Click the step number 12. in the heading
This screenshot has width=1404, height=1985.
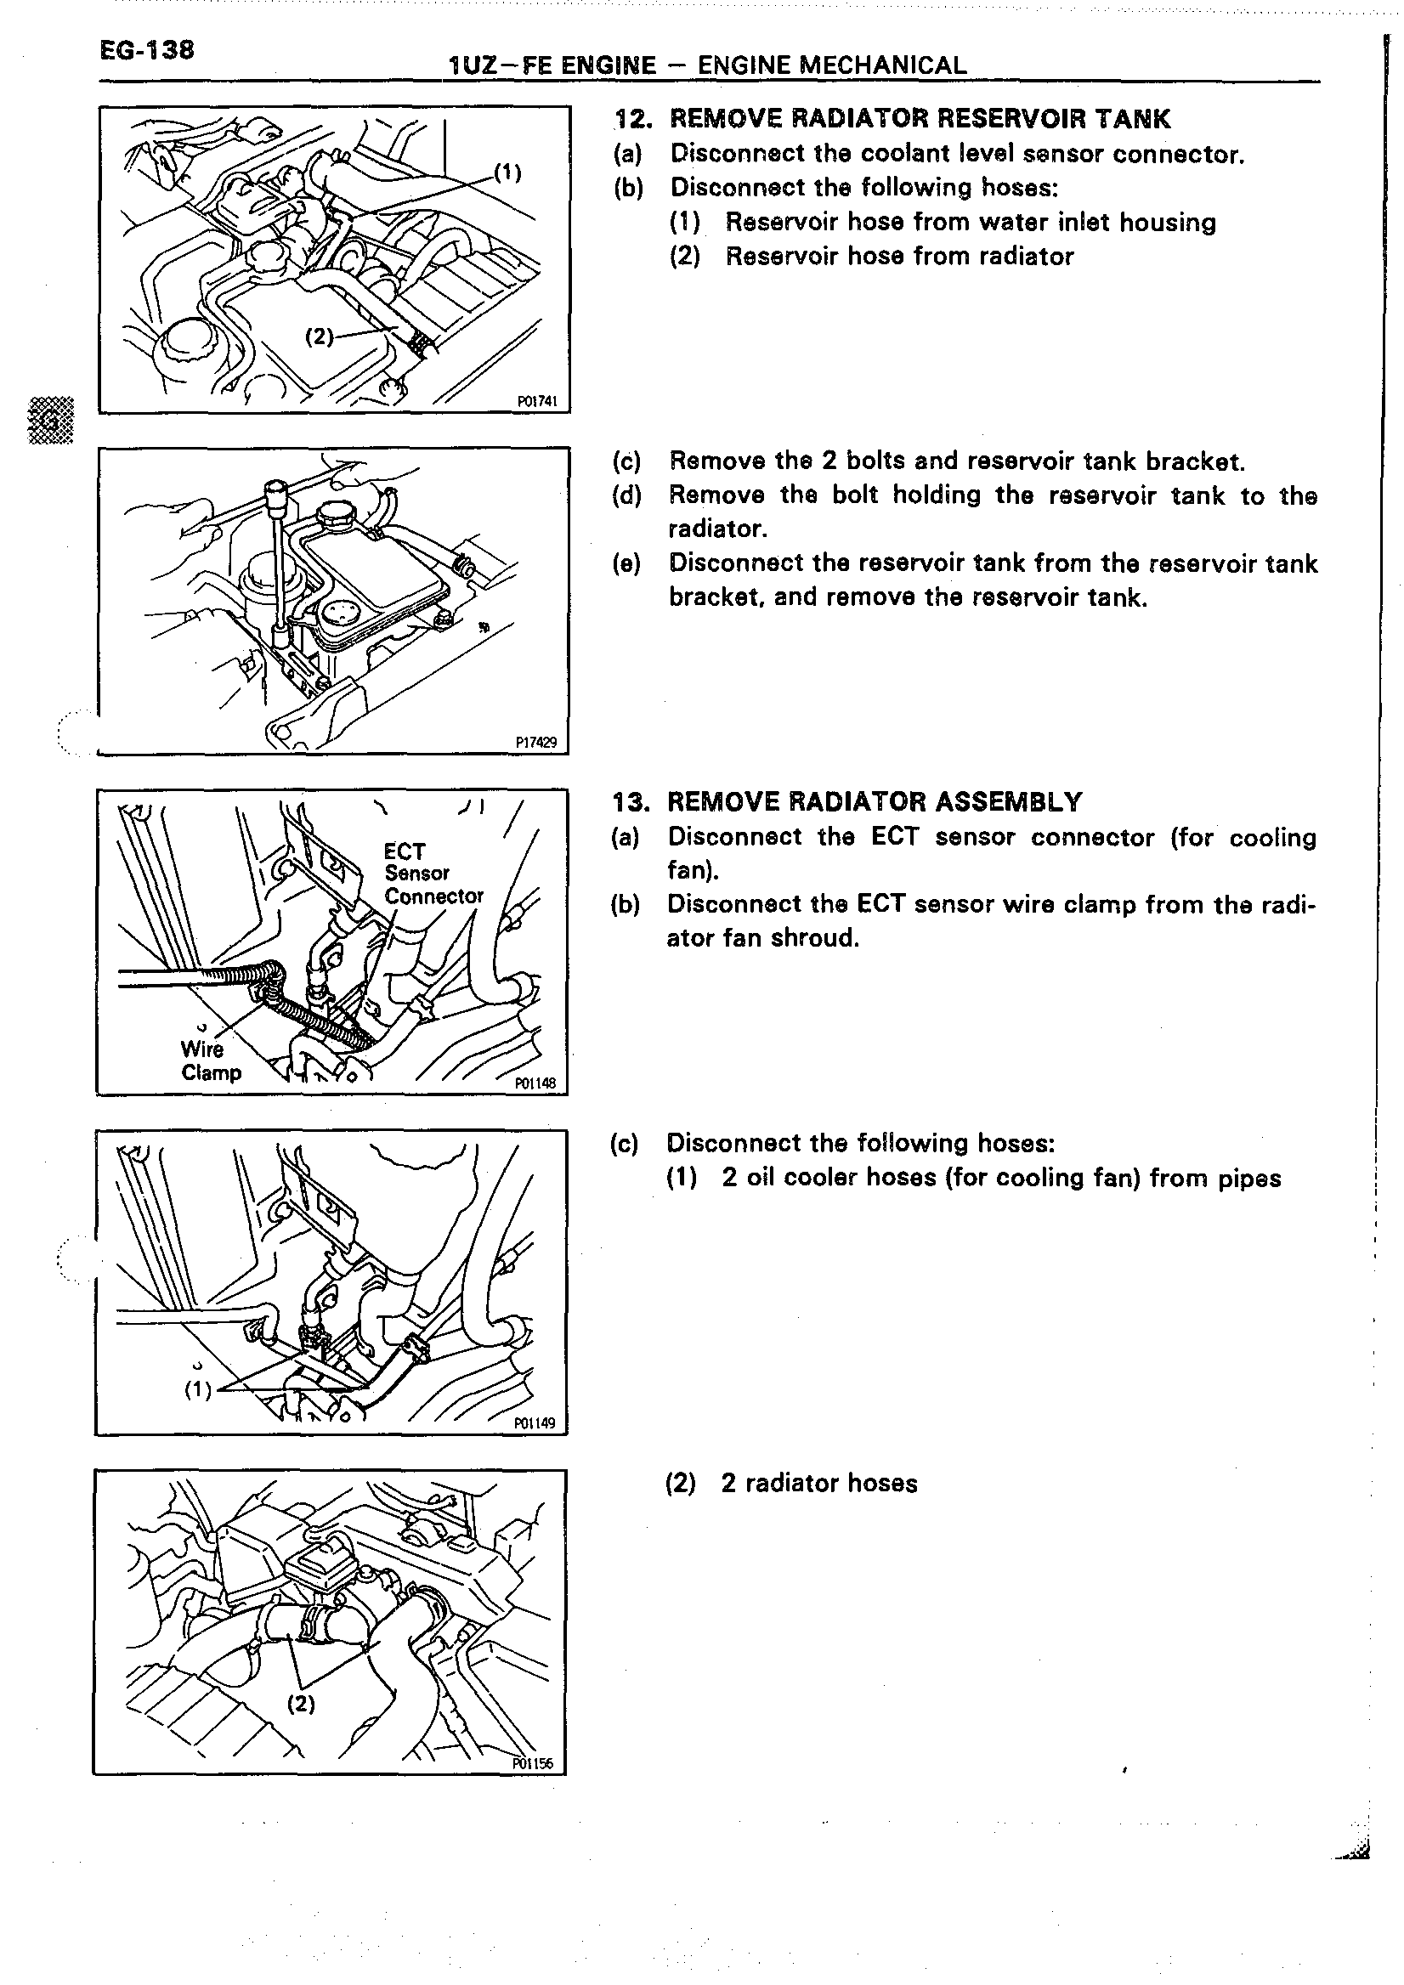(x=631, y=118)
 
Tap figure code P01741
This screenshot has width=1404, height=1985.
(x=537, y=401)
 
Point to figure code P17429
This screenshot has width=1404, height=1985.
(x=536, y=742)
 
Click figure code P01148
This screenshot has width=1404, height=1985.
(x=535, y=1083)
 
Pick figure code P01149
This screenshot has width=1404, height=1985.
(x=535, y=1423)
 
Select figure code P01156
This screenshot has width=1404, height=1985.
(x=533, y=1764)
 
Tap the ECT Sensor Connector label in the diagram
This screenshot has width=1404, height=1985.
(x=433, y=874)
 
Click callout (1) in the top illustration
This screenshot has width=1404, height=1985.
(x=507, y=172)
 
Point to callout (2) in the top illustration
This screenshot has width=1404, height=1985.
(x=319, y=336)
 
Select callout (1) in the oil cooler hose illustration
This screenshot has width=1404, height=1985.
(x=198, y=1389)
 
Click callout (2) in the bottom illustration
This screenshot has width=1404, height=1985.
(x=301, y=1704)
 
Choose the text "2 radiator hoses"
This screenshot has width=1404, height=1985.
(x=818, y=1484)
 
